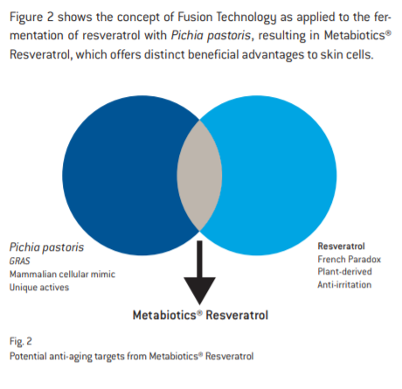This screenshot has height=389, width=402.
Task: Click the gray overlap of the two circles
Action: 199,176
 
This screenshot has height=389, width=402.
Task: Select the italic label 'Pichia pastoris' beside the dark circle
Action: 46,247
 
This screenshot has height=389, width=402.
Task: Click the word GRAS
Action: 19,260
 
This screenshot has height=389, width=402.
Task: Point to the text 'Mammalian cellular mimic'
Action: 62,274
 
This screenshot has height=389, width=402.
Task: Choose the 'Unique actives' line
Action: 39,288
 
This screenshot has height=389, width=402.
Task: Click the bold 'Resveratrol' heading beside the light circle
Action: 341,247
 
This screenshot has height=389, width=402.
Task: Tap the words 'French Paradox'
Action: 350,259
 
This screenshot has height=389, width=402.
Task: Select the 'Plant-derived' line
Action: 344,272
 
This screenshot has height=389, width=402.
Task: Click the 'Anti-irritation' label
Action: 344,284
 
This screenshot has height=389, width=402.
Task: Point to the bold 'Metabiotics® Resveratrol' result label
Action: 200,316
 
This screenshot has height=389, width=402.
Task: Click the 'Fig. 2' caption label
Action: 21,341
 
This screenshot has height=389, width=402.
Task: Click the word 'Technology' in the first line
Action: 246,17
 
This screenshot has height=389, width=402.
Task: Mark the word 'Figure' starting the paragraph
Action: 26,17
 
